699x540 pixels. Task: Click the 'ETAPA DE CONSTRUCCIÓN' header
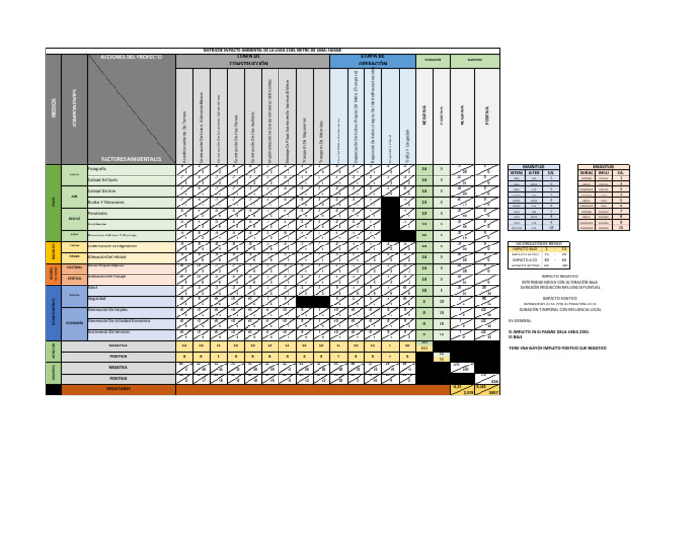coord(252,60)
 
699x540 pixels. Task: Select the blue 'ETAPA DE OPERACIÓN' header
coord(372,60)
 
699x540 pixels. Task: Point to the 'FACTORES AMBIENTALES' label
coord(131,158)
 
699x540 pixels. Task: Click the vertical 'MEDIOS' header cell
coord(53,107)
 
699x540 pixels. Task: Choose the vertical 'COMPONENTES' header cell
coord(74,107)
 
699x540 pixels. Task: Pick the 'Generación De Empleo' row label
coord(109,310)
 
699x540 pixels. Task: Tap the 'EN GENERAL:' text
coord(519,321)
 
